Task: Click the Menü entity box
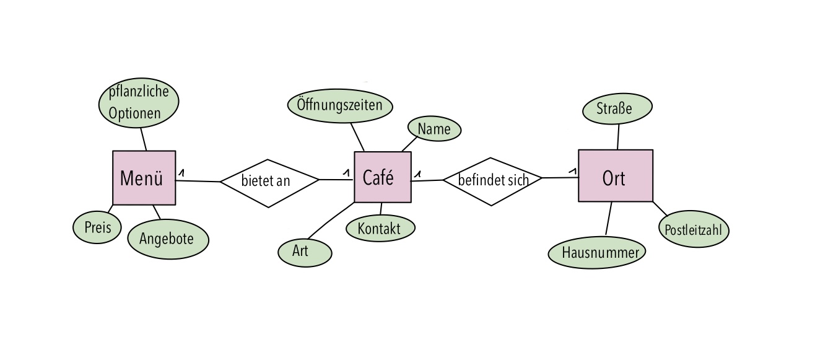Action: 144,178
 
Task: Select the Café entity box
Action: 383,177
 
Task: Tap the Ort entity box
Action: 616,175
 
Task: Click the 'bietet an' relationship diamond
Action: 269,183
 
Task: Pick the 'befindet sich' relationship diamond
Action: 492,182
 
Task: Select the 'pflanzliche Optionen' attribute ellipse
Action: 139,103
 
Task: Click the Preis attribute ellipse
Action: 97,227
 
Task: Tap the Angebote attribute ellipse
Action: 168,239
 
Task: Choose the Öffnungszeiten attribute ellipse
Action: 340,105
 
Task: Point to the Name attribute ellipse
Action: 434,129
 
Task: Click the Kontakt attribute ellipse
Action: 380,228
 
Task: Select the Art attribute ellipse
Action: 305,252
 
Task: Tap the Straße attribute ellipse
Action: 617,108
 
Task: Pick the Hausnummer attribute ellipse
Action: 597,253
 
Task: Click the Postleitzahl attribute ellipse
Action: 694,229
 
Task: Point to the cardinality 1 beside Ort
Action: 573,171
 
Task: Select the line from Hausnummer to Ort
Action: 609,218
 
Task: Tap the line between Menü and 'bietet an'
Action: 198,181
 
